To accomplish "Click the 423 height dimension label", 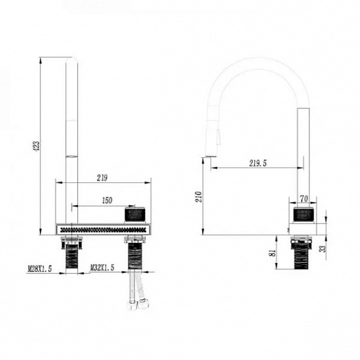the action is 37,146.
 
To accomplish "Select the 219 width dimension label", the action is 102,178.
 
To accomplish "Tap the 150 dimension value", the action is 107,200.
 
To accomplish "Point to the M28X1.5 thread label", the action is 40,268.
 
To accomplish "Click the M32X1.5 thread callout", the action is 102,267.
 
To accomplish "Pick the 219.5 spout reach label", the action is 258,163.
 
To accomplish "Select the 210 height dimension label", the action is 199,197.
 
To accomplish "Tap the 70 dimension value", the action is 304,199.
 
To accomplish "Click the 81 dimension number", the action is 273,253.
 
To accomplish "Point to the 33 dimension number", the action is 323,249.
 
